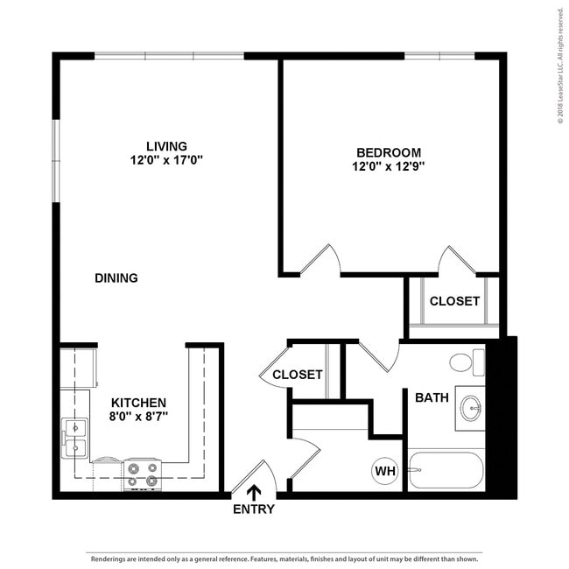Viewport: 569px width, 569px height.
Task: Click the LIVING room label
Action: click(x=166, y=145)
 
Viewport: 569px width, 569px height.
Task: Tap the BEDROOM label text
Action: click(x=388, y=151)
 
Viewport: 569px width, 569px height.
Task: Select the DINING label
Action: click(x=116, y=278)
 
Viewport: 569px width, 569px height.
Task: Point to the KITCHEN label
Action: click(x=138, y=403)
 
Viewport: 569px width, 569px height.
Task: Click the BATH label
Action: click(x=432, y=397)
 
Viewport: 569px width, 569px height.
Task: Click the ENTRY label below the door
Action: click(x=254, y=509)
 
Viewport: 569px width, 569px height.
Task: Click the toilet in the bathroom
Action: click(x=467, y=361)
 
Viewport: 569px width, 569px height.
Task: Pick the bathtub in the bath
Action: click(x=446, y=470)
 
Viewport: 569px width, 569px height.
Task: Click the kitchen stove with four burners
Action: click(x=142, y=474)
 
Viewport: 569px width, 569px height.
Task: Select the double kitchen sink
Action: click(x=74, y=438)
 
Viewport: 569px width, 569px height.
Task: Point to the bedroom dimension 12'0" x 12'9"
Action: click(x=388, y=165)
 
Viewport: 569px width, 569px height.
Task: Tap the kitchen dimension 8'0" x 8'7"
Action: click(x=138, y=417)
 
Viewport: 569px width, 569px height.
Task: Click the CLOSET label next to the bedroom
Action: click(x=454, y=301)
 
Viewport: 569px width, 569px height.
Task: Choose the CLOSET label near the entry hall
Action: click(x=298, y=375)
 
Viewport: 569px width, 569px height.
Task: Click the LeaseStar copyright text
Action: click(x=560, y=70)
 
